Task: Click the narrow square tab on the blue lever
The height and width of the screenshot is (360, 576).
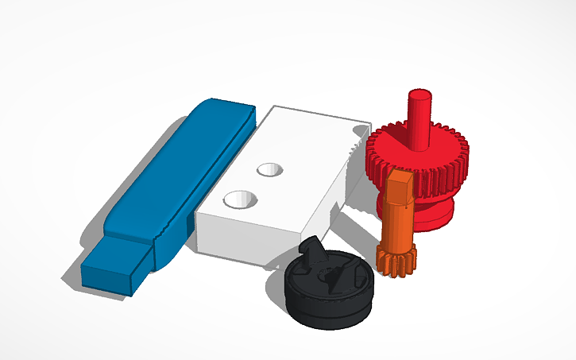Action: coord(119,254)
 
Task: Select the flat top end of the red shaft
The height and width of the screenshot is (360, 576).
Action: coord(419,95)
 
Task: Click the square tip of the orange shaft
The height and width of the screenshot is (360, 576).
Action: coord(399,181)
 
